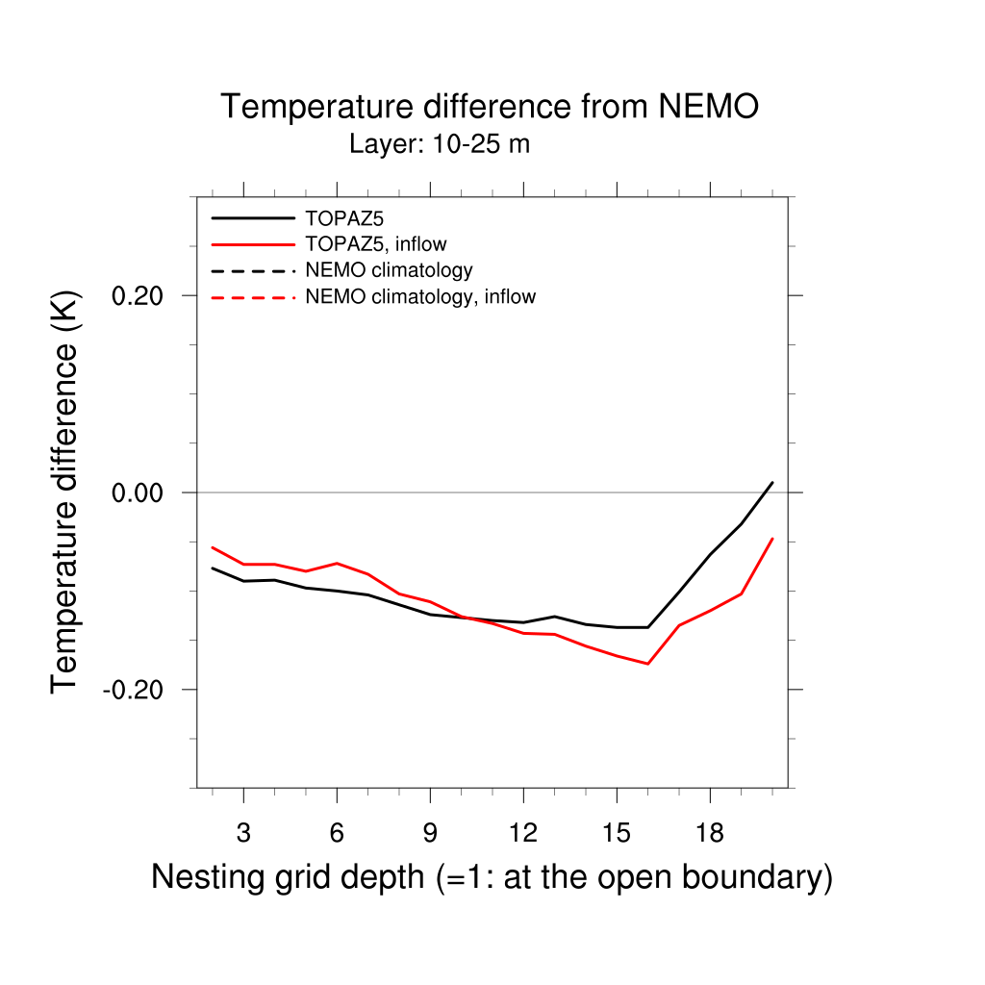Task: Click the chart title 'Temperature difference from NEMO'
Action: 490,107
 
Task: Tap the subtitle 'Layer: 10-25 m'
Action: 440,145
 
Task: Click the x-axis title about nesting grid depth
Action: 492,877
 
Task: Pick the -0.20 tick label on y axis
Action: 139,690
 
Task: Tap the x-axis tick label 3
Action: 243,834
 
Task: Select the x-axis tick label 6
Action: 337,834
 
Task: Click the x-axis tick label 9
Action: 430,834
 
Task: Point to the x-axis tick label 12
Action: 523,834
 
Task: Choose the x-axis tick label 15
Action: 617,834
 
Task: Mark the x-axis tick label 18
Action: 710,834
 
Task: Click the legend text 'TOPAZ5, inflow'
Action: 375,244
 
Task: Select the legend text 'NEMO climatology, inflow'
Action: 419,296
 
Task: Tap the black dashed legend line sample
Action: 252,270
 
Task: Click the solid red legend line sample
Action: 252,244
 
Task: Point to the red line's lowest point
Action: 648,664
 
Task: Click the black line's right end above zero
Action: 772,482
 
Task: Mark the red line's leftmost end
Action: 213,547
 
